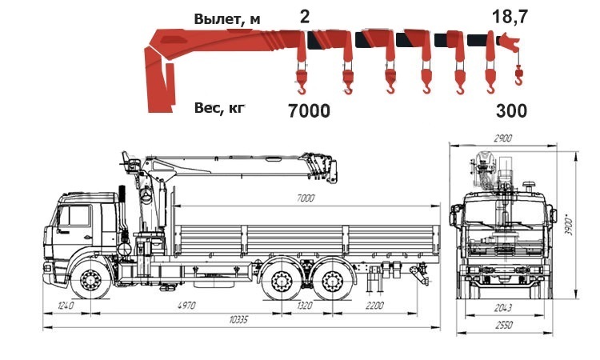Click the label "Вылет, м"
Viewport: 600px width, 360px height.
pos(227,19)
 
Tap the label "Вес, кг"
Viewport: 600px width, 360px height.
pos(219,108)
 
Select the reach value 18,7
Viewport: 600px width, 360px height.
pos(510,17)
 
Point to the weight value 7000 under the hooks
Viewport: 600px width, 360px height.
pos(309,111)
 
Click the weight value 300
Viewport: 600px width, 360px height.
pos(512,111)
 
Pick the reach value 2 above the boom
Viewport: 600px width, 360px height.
pos(304,17)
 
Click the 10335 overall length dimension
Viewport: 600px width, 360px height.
pos(238,319)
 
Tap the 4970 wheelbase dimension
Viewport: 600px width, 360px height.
pos(186,306)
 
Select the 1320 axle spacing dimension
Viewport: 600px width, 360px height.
pos(304,306)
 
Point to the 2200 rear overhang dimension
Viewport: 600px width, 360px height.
pos(374,306)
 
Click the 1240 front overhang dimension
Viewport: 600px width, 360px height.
pos(66,306)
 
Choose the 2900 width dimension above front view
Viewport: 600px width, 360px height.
pos(503,138)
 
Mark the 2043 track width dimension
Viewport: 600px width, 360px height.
pos(502,307)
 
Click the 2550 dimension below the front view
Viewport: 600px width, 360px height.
pos(504,325)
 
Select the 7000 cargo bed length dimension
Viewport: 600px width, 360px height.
pos(306,198)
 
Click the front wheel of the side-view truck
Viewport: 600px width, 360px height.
pos(90,280)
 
